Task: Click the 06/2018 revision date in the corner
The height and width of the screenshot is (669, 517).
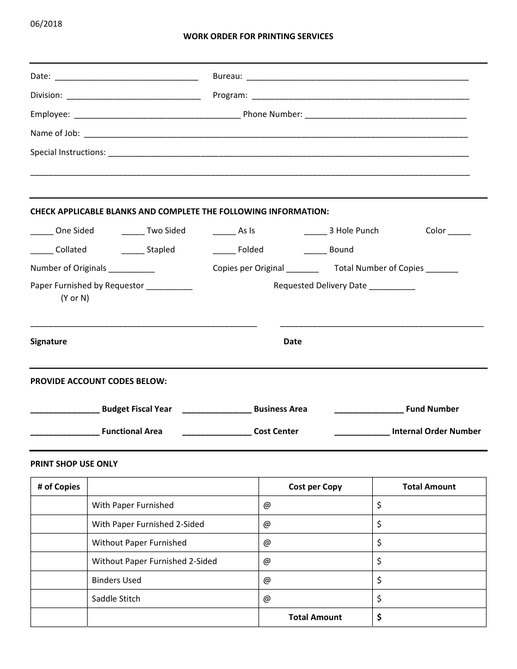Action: [46, 23]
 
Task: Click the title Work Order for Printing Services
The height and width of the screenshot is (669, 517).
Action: [258, 36]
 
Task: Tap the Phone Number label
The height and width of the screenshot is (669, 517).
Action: [272, 114]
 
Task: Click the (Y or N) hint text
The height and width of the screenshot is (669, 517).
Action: [75, 298]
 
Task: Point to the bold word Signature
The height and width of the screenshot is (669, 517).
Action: [48, 342]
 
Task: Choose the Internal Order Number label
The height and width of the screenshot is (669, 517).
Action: [436, 431]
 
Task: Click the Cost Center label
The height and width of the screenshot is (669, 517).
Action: [276, 431]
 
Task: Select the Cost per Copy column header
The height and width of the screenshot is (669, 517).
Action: [315, 487]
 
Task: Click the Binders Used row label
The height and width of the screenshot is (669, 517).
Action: [116, 580]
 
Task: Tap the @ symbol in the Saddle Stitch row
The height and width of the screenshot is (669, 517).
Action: [267, 599]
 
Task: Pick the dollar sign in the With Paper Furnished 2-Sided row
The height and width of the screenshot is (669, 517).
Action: [379, 524]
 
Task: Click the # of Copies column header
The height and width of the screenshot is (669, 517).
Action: [59, 487]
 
